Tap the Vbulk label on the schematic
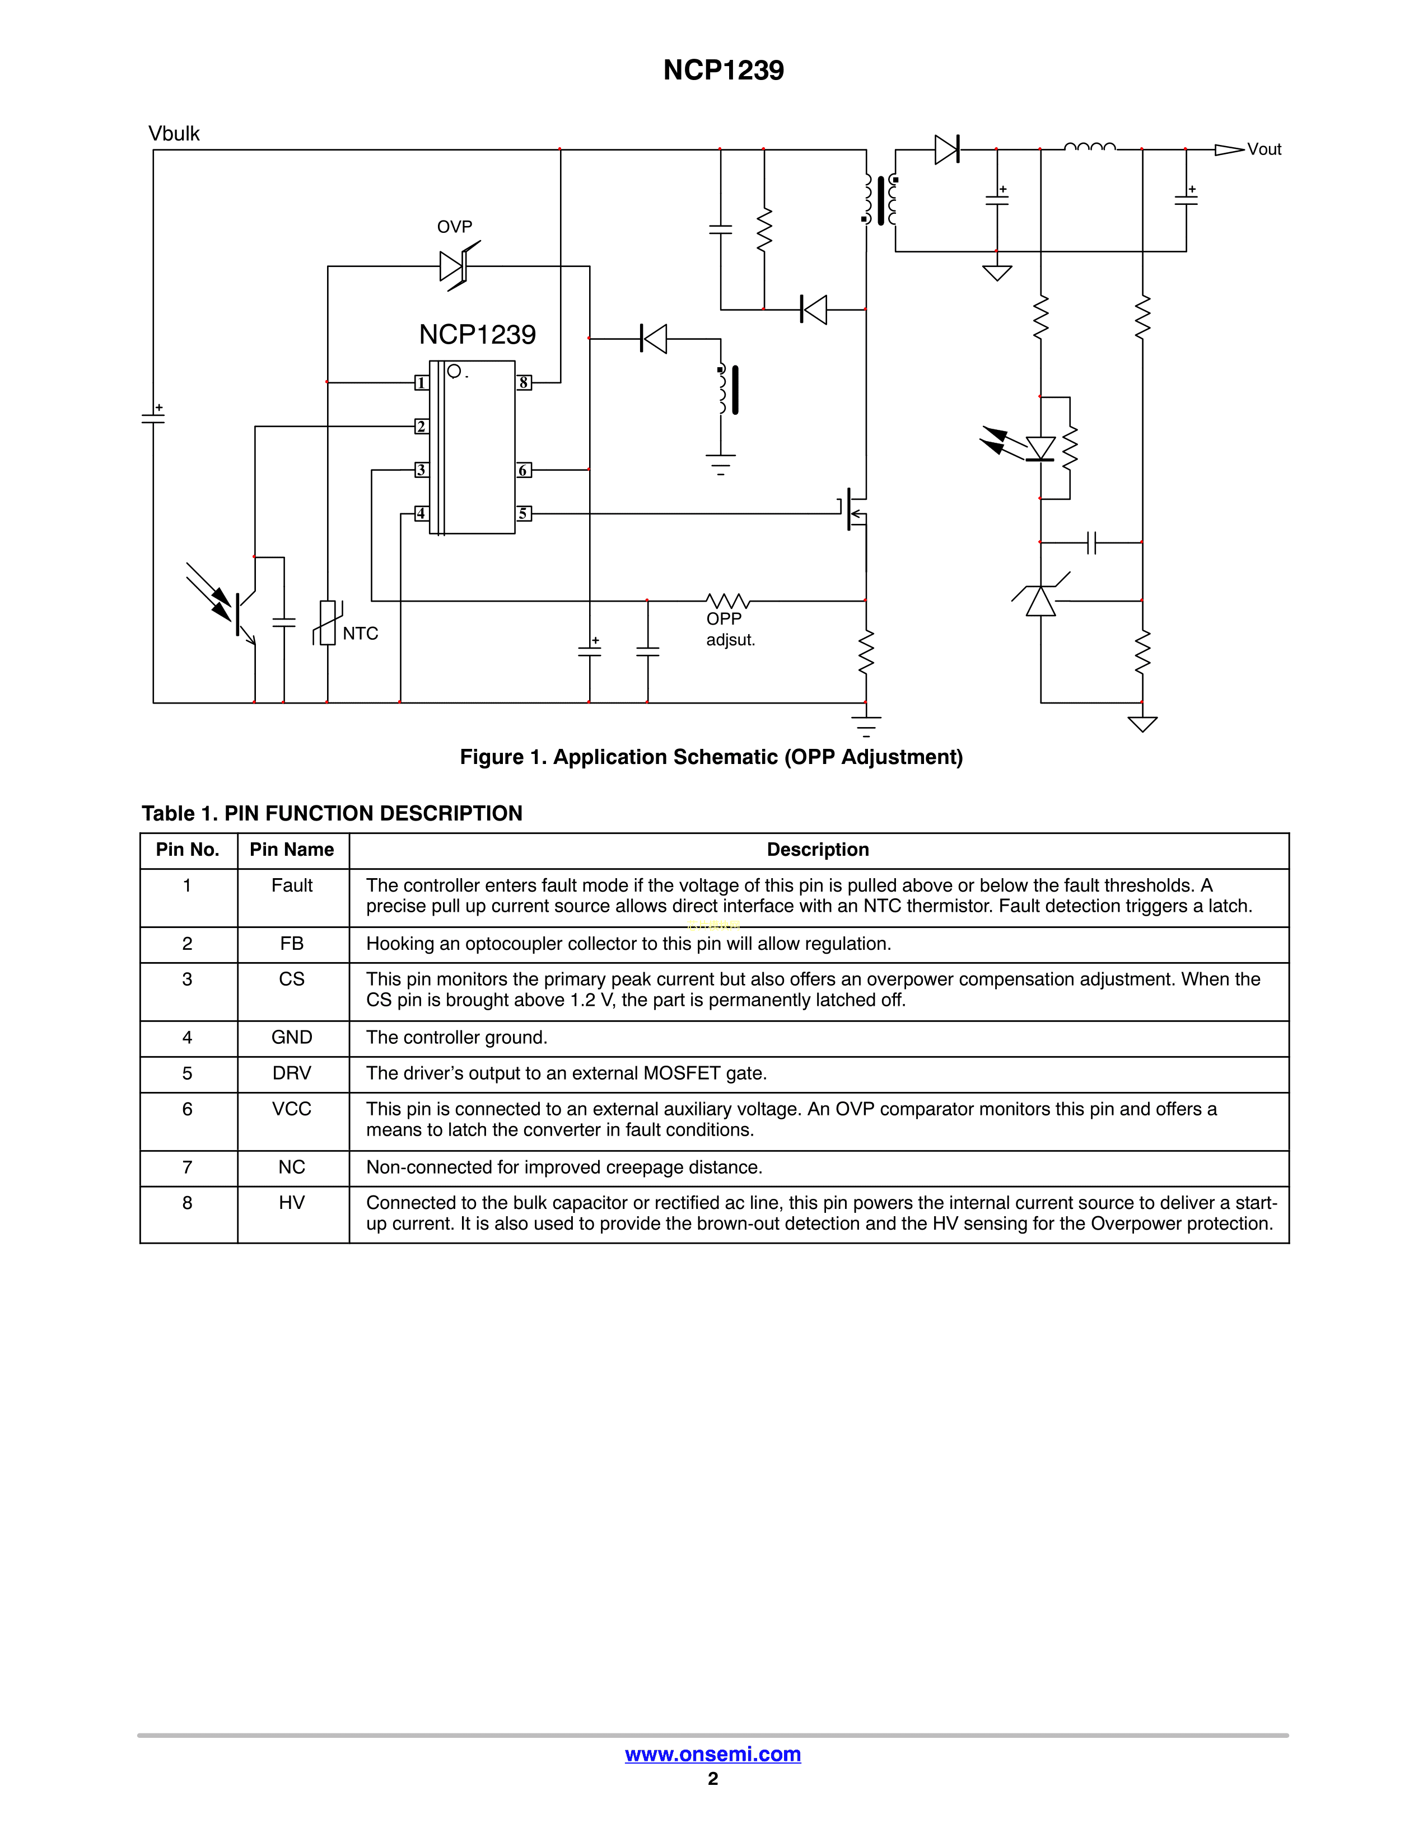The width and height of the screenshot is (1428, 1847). pos(174,134)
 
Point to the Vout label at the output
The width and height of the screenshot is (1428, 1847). pos(1264,149)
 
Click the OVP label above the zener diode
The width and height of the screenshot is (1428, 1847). pos(454,227)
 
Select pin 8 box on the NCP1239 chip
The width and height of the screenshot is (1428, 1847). pos(524,383)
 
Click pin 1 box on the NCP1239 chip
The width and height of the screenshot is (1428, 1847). pos(421,383)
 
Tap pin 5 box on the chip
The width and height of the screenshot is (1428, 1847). pos(524,513)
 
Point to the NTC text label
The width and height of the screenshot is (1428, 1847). pos(361,634)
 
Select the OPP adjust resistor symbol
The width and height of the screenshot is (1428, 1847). pos(727,601)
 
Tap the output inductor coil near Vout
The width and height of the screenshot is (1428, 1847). pos(1090,147)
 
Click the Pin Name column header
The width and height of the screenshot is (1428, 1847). pos(292,850)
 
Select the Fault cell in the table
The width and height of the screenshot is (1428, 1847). pos(292,885)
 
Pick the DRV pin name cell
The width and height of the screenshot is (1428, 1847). pos(292,1073)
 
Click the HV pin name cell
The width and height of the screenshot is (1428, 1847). pos(292,1203)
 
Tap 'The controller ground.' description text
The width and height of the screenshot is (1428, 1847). pos(457,1038)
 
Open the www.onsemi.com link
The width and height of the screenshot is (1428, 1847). pos(712,1754)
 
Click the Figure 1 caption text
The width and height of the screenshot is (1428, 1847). pos(711,757)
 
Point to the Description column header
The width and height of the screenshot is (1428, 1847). pos(818,850)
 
